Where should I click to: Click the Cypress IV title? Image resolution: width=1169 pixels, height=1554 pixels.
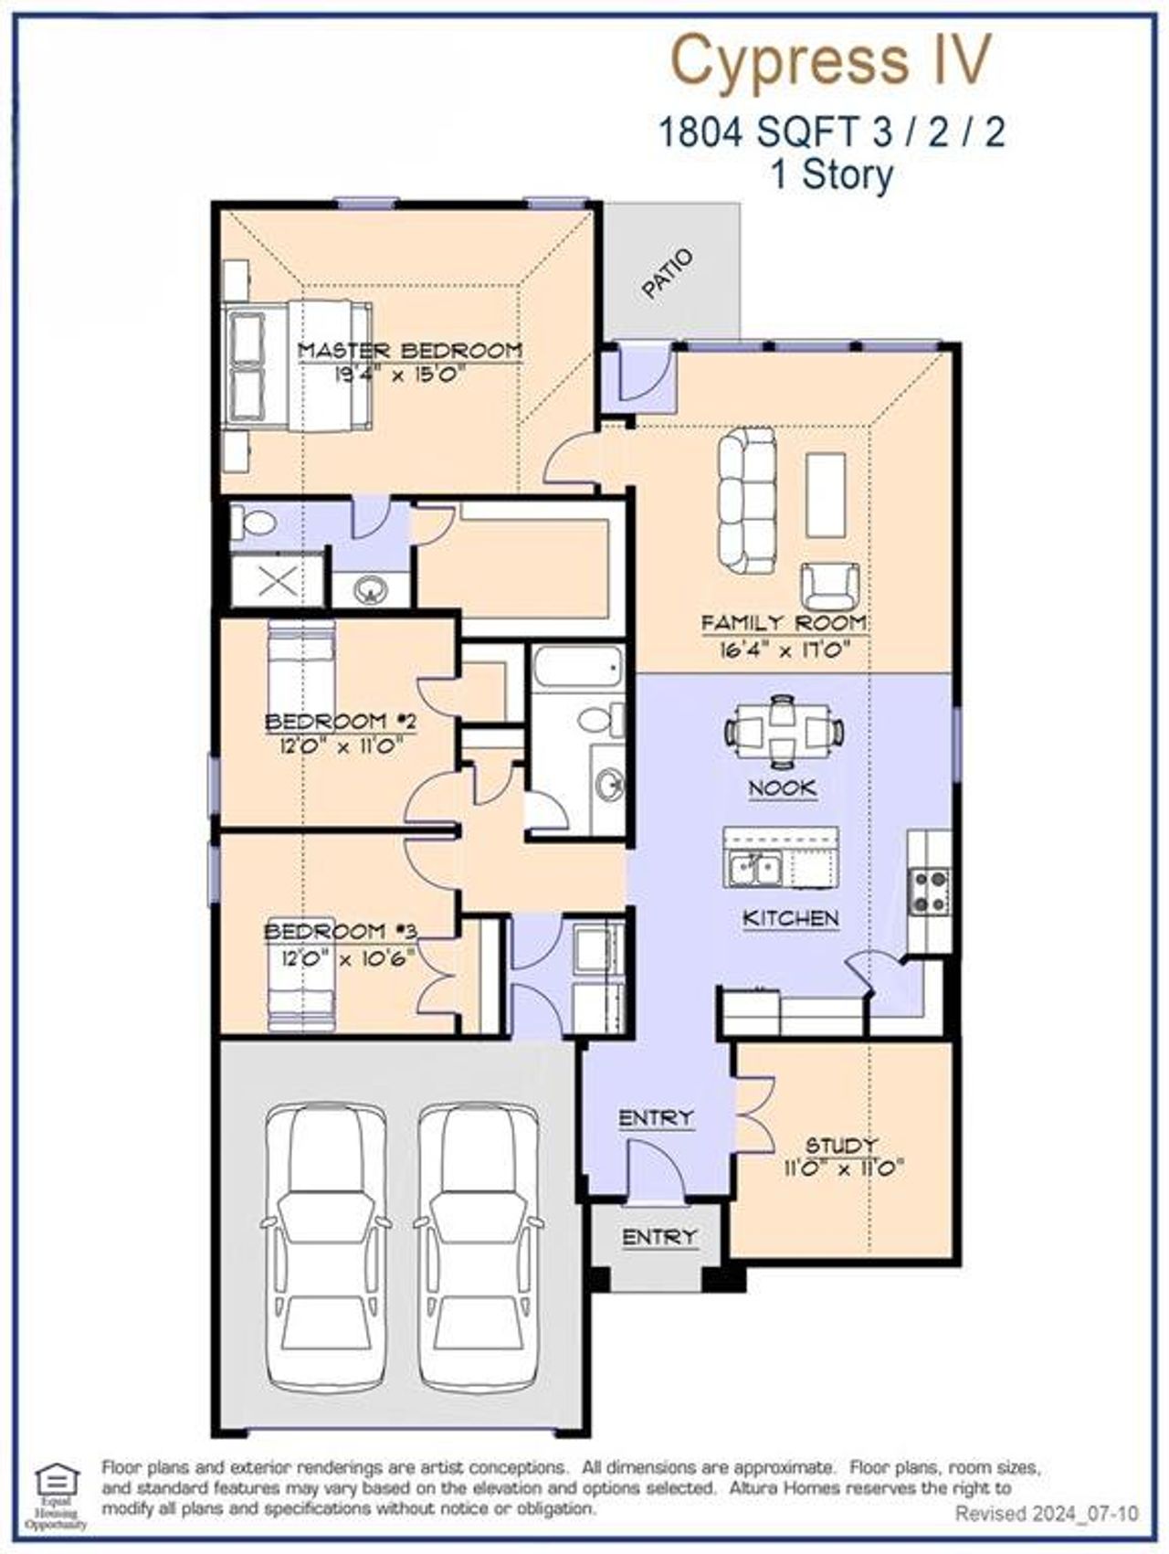pos(830,60)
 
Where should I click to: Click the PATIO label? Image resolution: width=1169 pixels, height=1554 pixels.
pos(668,274)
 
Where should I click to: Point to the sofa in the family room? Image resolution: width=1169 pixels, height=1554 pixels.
pos(746,498)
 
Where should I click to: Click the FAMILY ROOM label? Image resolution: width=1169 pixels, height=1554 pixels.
pos(784,623)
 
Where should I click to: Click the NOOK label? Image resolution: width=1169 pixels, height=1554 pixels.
pos(783,788)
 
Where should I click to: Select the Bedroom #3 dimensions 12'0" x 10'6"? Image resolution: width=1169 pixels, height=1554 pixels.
pos(340,957)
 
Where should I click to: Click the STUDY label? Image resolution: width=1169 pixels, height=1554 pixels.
pos(841,1145)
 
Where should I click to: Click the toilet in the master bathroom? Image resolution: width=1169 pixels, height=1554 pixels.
pos(254,523)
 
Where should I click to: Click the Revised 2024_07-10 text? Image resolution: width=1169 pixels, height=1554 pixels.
pos(1047,1514)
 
